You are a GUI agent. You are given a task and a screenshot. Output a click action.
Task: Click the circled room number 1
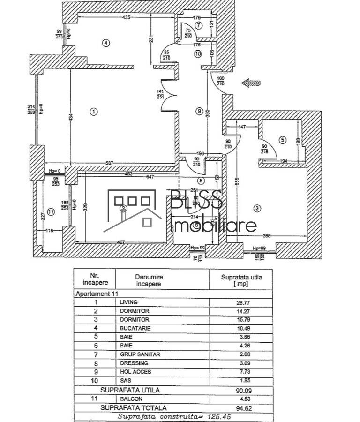[x=94, y=112]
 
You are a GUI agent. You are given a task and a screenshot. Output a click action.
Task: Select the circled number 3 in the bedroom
[x=257, y=207]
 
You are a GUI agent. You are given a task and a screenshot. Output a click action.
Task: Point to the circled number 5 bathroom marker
[x=282, y=140]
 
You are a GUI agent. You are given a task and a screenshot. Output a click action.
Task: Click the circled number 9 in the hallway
[x=199, y=111]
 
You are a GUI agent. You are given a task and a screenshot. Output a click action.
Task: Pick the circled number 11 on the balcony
[x=51, y=211]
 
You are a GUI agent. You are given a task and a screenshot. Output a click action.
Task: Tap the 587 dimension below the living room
[x=109, y=163]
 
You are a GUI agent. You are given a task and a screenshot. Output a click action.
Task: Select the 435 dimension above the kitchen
[x=126, y=17]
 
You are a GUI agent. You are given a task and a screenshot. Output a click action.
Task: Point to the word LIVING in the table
[x=128, y=302]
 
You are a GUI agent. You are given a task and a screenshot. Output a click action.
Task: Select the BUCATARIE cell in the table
[x=135, y=328]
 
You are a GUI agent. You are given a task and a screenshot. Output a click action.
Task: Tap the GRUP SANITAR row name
[x=140, y=354]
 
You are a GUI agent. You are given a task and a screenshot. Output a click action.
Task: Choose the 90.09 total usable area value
[x=243, y=390]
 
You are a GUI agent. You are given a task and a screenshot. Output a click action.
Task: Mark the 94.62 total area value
[x=243, y=408]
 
